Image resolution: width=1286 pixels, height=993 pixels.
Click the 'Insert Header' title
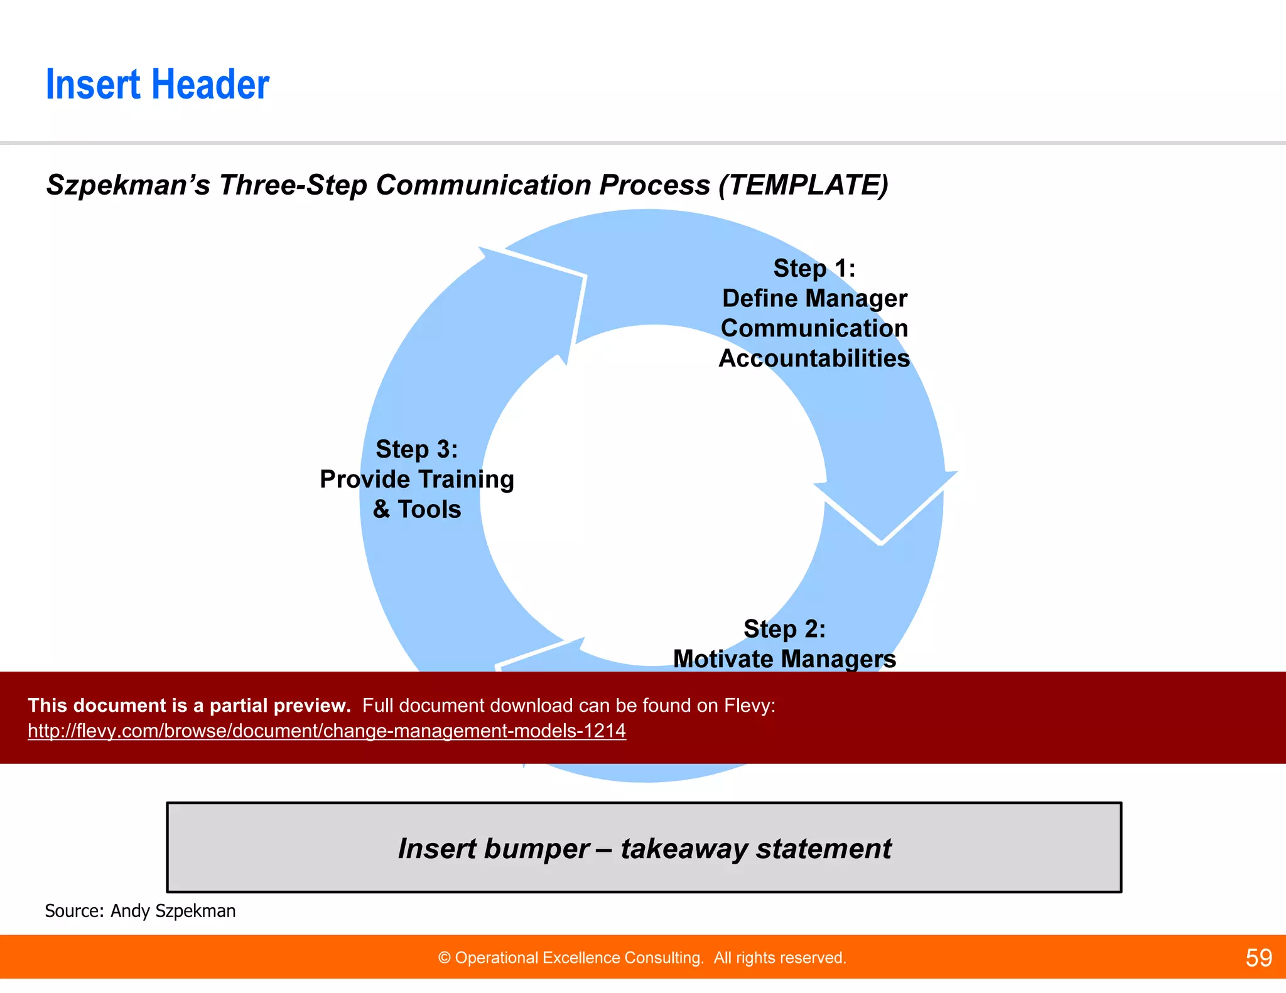point(158,85)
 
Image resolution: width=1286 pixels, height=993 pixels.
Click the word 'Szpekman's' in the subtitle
point(128,185)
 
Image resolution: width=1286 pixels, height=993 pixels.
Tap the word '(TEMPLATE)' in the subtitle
point(804,185)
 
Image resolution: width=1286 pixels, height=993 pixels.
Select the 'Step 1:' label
point(814,269)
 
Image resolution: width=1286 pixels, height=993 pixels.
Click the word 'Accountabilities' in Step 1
point(814,358)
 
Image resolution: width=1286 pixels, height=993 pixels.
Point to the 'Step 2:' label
point(784,629)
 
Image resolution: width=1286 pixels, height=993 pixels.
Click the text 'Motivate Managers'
point(784,658)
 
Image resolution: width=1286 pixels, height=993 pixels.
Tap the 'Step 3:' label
point(417,449)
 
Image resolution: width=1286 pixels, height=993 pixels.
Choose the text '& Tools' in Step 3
point(417,509)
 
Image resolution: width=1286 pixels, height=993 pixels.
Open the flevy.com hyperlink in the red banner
point(327,731)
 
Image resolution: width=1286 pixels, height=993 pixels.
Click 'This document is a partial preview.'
point(189,706)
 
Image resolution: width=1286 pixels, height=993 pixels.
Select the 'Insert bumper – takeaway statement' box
point(644,848)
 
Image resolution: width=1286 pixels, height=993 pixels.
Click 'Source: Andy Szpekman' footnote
point(140,911)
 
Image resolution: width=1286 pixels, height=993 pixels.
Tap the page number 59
point(1258,958)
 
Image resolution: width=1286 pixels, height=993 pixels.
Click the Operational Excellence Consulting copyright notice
point(642,958)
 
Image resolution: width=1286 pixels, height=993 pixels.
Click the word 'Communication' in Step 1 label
point(814,328)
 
